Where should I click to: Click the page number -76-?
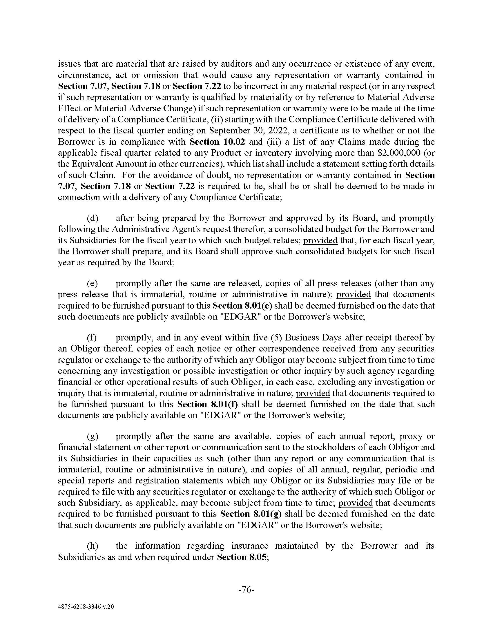[x=246, y=590]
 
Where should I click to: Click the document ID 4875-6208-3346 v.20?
[x=86, y=607]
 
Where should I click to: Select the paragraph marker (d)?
[x=93, y=218]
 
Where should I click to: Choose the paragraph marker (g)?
[x=93, y=436]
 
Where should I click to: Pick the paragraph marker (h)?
[x=93, y=546]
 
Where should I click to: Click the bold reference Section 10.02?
[x=217, y=142]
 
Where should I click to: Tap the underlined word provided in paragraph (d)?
[x=320, y=240]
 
